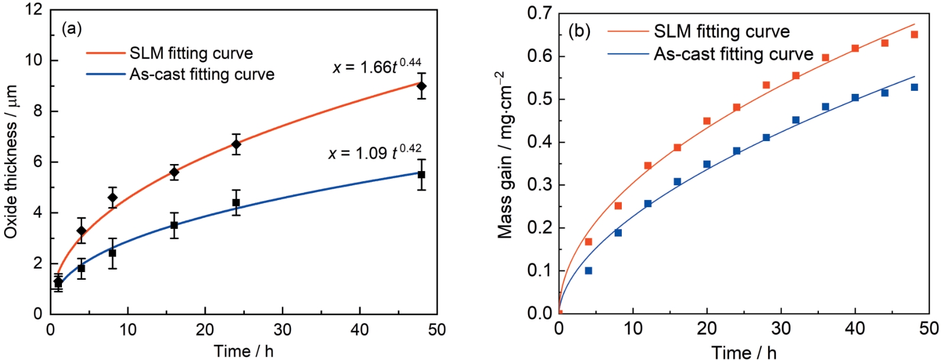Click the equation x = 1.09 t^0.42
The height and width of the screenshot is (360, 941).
pyautogui.click(x=375, y=152)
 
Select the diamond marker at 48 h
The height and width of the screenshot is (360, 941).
pyautogui.click(x=421, y=86)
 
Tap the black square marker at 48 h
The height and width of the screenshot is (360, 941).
pyautogui.click(x=421, y=175)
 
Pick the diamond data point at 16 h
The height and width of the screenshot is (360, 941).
pyautogui.click(x=174, y=172)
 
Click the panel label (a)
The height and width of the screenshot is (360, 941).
pyautogui.click(x=72, y=28)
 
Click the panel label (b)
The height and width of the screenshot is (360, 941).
pyautogui.click(x=579, y=31)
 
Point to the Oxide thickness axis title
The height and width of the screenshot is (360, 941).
pyautogui.click(x=11, y=162)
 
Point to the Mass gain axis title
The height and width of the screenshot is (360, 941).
pyautogui.click(x=506, y=155)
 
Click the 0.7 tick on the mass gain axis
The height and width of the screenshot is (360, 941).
pyautogui.click(x=539, y=14)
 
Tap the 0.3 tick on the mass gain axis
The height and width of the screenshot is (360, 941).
pyautogui.click(x=539, y=185)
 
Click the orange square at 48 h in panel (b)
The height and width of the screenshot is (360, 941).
pyautogui.click(x=914, y=34)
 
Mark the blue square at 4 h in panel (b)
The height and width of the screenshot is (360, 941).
pyautogui.click(x=588, y=270)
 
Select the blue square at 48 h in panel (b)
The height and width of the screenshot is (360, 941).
pyautogui.click(x=914, y=87)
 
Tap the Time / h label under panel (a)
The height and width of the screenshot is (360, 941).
pyautogui.click(x=244, y=351)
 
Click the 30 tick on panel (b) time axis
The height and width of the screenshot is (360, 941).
pyautogui.click(x=781, y=328)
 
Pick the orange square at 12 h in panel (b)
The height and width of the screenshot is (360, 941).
pyautogui.click(x=648, y=166)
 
